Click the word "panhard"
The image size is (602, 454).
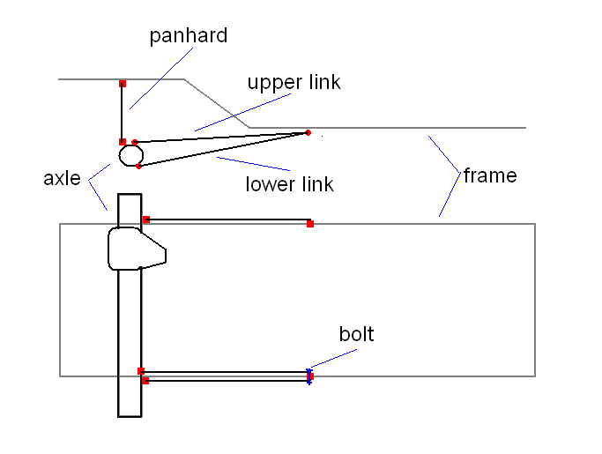tap(188, 36)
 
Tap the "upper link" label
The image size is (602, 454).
tap(293, 83)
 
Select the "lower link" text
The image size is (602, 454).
tap(289, 184)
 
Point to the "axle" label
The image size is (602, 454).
tap(62, 178)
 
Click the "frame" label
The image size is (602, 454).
tap(489, 175)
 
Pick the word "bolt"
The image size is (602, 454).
tap(356, 334)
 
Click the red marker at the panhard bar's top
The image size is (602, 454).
tap(123, 84)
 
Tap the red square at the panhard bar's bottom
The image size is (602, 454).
tap(123, 141)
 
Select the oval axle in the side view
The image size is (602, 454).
tap(131, 155)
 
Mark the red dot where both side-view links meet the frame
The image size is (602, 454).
tap(308, 133)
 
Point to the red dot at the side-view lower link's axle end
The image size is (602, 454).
tap(139, 166)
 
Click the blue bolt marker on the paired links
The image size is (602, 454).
tap(309, 376)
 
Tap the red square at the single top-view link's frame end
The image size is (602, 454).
tap(309, 224)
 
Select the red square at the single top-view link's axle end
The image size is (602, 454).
tap(146, 220)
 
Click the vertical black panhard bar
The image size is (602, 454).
tap(123, 113)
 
